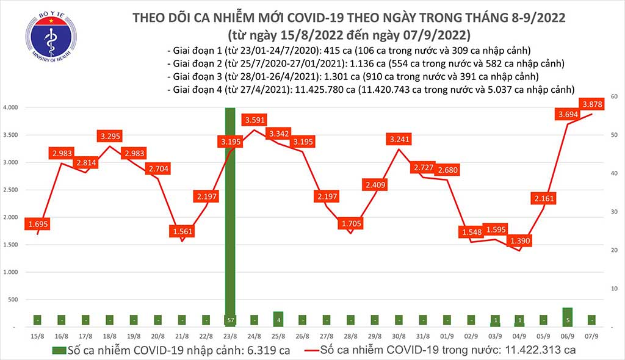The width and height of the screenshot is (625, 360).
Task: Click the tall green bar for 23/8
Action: click(x=230, y=217)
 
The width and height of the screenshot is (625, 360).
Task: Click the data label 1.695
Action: click(x=37, y=224)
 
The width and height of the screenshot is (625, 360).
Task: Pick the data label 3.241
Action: click(x=399, y=139)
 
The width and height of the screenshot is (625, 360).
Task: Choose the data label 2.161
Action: click(x=543, y=198)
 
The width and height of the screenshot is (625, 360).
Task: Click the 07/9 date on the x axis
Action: click(x=591, y=337)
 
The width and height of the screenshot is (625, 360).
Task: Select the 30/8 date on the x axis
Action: click(x=399, y=337)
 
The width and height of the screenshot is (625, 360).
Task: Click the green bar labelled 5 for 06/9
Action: click(x=567, y=317)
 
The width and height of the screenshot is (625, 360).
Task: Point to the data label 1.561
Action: click(x=182, y=231)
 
